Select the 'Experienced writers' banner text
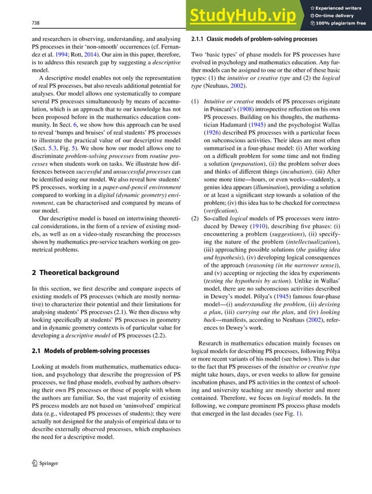341,6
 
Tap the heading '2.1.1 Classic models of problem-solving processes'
254,39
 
